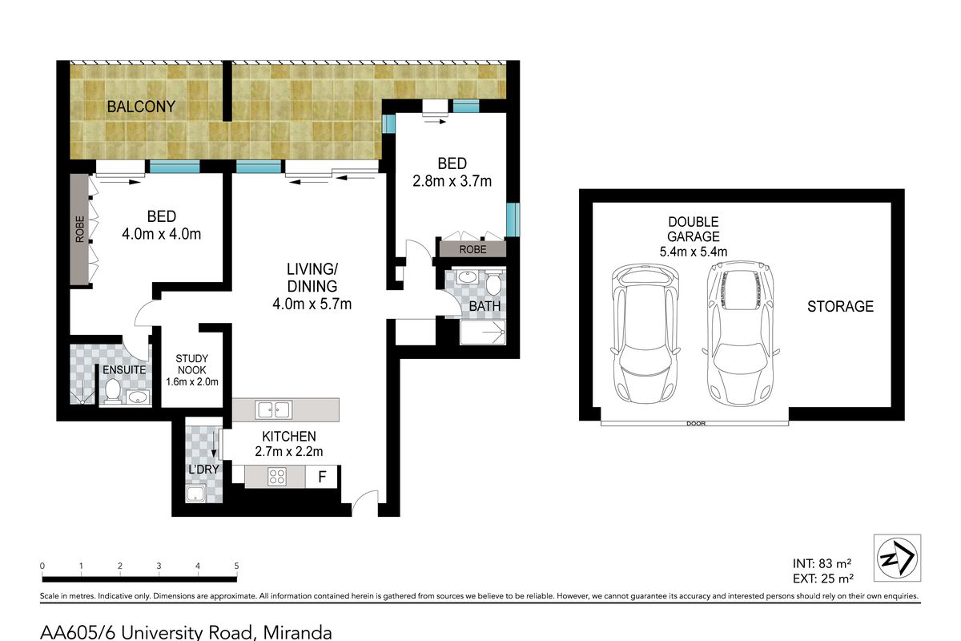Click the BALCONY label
(x=141, y=107)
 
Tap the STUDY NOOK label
(x=191, y=364)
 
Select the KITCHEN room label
(x=289, y=436)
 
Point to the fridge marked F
(x=322, y=477)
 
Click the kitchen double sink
(x=274, y=409)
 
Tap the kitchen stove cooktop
(x=277, y=477)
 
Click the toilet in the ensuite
(x=113, y=390)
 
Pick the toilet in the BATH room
(x=494, y=281)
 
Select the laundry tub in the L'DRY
(x=195, y=494)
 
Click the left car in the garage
(x=645, y=333)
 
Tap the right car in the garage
(x=741, y=333)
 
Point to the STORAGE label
(x=840, y=307)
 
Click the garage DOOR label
(x=696, y=423)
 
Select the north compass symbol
(x=898, y=558)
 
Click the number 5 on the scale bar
(x=236, y=566)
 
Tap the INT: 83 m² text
(x=822, y=563)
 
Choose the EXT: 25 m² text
(x=823, y=579)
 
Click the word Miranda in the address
(x=297, y=632)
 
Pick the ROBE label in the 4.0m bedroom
(x=80, y=229)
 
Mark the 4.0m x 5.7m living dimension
(x=312, y=304)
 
